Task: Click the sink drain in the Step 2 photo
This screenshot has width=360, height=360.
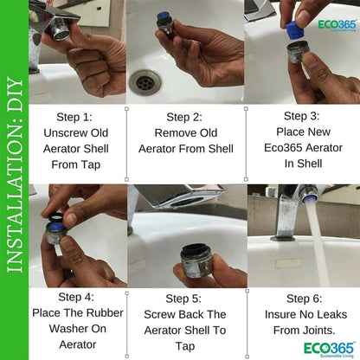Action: (x=145, y=81)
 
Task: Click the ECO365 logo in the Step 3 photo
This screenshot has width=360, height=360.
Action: (x=337, y=25)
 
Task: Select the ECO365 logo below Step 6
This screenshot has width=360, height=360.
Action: (x=329, y=350)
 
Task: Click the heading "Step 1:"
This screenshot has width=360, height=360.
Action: (x=74, y=117)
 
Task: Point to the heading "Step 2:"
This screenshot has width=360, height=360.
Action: (x=184, y=117)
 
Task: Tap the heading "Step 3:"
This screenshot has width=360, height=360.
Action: (x=302, y=116)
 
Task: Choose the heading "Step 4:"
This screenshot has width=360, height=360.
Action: (x=76, y=297)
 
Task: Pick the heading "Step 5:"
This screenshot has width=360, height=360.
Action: (x=183, y=299)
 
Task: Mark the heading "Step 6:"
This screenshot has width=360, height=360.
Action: (x=305, y=299)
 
